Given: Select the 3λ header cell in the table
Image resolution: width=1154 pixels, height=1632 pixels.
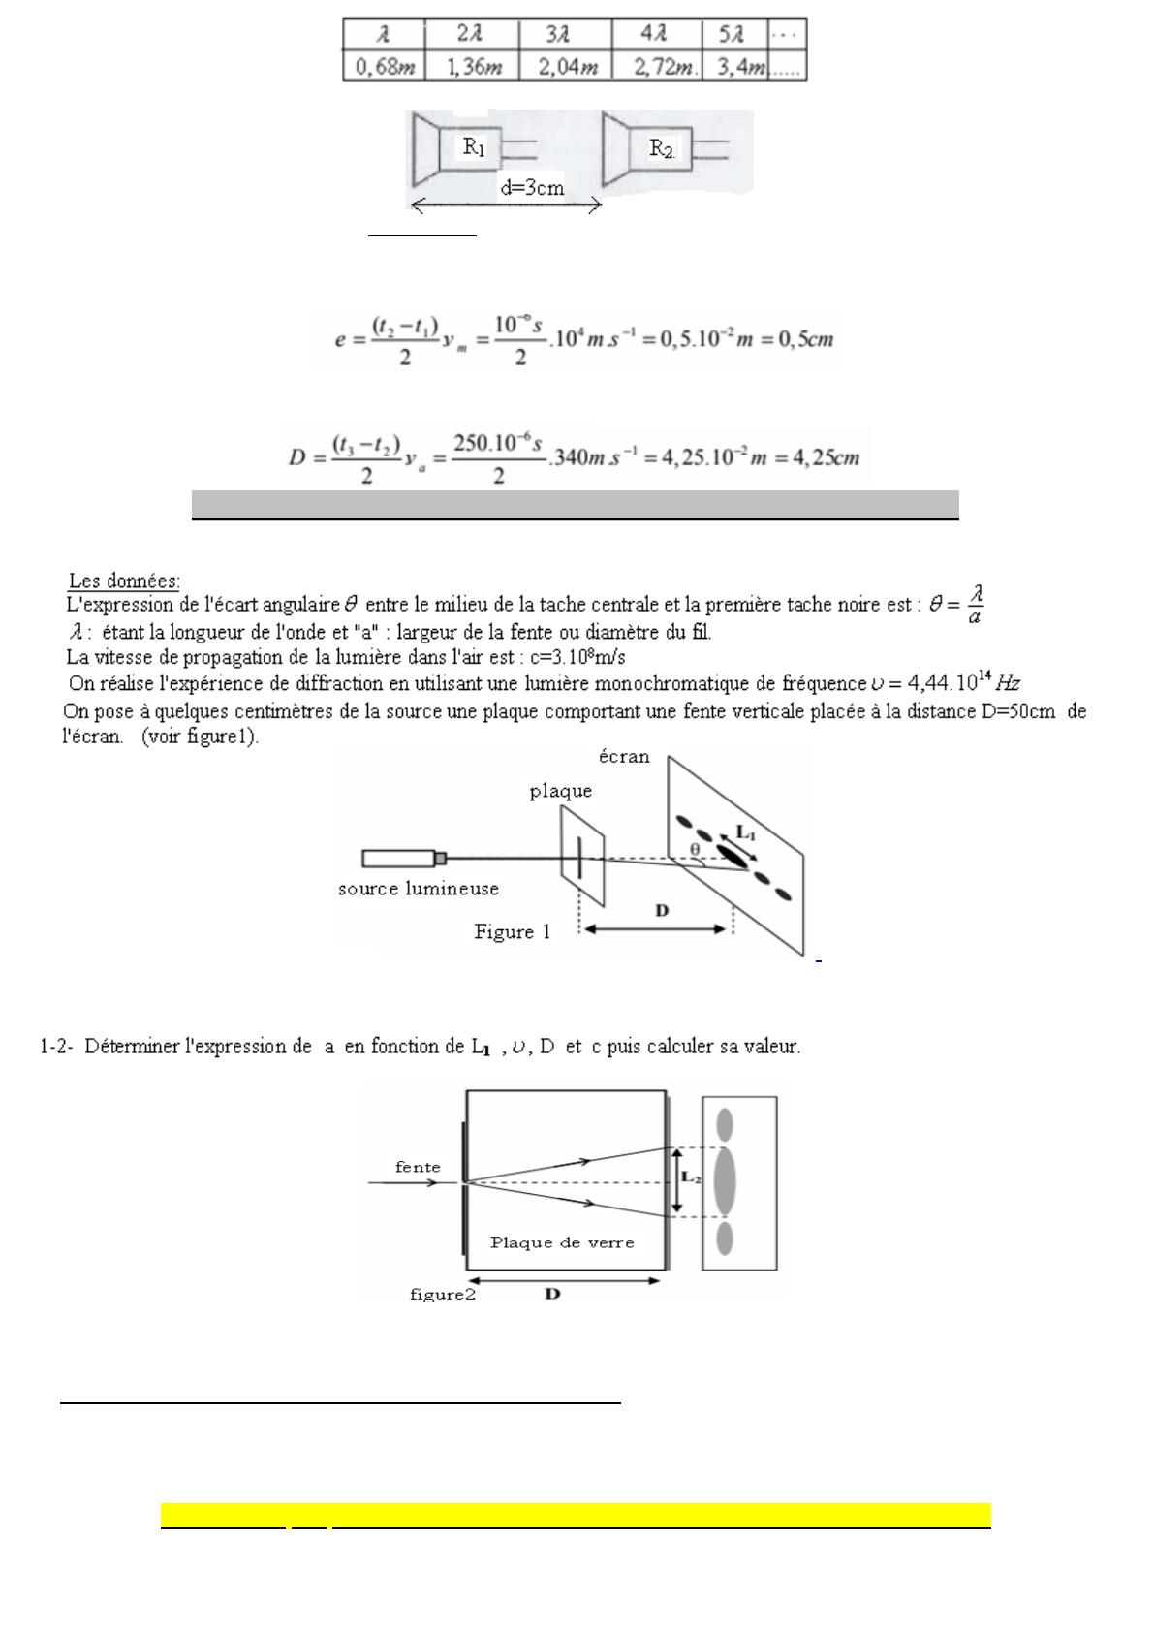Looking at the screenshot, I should pyautogui.click(x=564, y=35).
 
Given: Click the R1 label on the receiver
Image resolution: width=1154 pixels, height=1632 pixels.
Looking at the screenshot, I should pyautogui.click(x=474, y=147).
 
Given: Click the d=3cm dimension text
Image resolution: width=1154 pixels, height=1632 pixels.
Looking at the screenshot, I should pyautogui.click(x=532, y=188).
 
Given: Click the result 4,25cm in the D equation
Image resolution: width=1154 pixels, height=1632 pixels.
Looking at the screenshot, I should pyautogui.click(x=826, y=456).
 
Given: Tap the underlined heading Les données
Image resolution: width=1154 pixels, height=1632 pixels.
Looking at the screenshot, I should pyautogui.click(x=123, y=581).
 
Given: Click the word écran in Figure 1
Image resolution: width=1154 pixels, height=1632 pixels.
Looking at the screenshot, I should pyautogui.click(x=623, y=757).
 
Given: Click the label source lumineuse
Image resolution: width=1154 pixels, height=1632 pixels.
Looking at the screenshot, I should pyautogui.click(x=419, y=889).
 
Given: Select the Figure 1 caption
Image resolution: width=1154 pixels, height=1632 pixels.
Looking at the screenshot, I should pyautogui.click(x=512, y=932).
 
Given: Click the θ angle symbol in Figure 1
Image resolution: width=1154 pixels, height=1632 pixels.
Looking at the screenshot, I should pyautogui.click(x=695, y=850).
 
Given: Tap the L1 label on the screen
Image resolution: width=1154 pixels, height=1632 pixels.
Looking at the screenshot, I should pyautogui.click(x=746, y=832).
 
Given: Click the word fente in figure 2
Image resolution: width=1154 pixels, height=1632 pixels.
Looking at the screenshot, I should pyautogui.click(x=418, y=1167).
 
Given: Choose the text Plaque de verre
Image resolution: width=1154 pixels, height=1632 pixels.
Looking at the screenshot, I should pyautogui.click(x=562, y=1242).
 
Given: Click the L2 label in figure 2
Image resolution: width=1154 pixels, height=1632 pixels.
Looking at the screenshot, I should pyautogui.click(x=691, y=1177).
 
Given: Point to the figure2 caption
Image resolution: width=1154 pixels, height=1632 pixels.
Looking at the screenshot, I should pyautogui.click(x=442, y=1294).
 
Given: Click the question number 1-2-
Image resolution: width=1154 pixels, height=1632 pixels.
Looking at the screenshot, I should pyautogui.click(x=57, y=1047).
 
